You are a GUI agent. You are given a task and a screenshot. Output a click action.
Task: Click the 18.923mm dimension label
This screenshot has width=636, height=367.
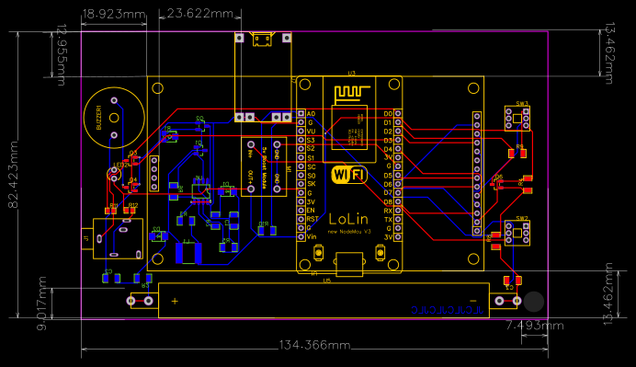pyautogui.click(x=114, y=14)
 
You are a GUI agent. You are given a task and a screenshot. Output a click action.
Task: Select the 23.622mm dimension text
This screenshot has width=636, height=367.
pyautogui.click(x=201, y=14)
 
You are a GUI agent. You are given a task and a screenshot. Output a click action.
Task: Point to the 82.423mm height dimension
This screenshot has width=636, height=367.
pyautogui.click(x=13, y=175)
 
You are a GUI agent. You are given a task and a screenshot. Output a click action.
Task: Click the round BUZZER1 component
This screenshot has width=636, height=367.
pyautogui.click(x=108, y=117)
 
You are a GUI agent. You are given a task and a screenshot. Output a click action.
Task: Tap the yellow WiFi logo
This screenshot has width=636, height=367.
pyautogui.click(x=350, y=173)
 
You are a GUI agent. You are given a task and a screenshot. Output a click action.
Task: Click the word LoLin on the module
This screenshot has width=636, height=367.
pyautogui.click(x=346, y=220)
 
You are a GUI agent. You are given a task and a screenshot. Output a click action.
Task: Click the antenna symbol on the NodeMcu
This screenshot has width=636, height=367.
pyautogui.click(x=350, y=93)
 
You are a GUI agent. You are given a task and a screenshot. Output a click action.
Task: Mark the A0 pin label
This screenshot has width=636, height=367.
pyautogui.click(x=311, y=113)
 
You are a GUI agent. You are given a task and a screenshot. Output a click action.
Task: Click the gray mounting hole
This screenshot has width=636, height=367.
pyautogui.click(x=534, y=301)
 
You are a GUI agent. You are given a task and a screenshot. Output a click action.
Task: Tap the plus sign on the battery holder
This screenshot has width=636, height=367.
pyautogui.click(x=175, y=301)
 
